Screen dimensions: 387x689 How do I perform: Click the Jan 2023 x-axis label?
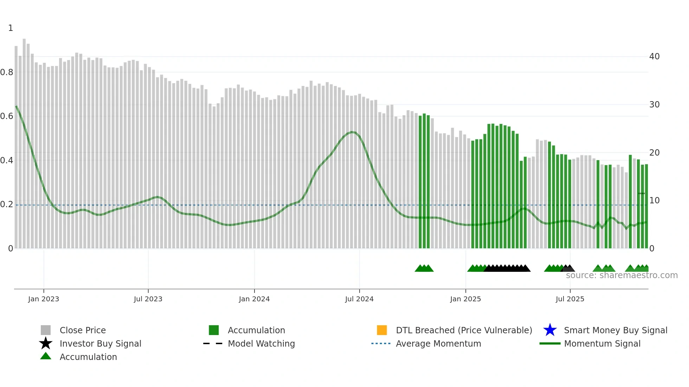pyautogui.click(x=44, y=299)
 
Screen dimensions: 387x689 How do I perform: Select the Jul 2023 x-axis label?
pyautogui.click(x=148, y=299)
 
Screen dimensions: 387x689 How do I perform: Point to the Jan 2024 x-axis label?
pyautogui.click(x=254, y=299)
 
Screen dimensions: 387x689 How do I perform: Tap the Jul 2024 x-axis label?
pyautogui.click(x=359, y=299)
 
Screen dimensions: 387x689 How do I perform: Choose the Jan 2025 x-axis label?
pyautogui.click(x=465, y=299)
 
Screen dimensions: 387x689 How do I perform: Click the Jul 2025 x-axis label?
pyautogui.click(x=570, y=299)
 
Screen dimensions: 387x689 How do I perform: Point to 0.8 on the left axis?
pyautogui.click(x=7, y=72)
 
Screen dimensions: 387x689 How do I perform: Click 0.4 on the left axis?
pyautogui.click(x=7, y=160)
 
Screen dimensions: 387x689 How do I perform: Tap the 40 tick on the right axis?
pyautogui.click(x=654, y=57)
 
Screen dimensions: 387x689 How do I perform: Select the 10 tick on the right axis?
pyautogui.click(x=654, y=201)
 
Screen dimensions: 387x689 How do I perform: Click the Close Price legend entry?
pyautogui.click(x=83, y=330)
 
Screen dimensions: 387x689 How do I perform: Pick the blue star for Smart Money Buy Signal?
pyautogui.click(x=550, y=330)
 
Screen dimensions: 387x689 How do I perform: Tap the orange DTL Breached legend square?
pyautogui.click(x=382, y=330)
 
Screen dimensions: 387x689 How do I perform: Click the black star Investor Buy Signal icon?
pyautogui.click(x=46, y=343)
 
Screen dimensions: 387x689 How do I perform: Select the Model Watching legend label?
pyautogui.click(x=261, y=343)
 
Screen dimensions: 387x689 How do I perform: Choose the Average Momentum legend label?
pyautogui.click(x=438, y=343)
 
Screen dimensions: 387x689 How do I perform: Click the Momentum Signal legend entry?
pyautogui.click(x=602, y=343)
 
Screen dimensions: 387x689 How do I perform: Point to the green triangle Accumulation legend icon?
pyautogui.click(x=46, y=356)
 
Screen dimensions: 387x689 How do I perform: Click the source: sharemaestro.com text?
pyautogui.click(x=622, y=275)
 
